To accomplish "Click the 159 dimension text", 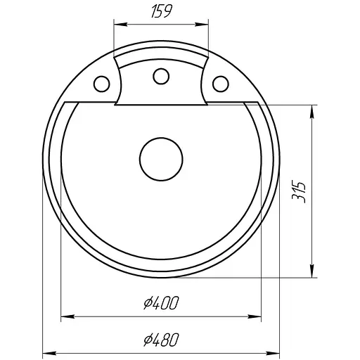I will coord(162,11).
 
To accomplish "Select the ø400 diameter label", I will coord(162,304).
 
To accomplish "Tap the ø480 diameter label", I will coord(162,340).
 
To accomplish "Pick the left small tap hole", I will coord(102,84).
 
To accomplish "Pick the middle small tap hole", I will coord(161,75).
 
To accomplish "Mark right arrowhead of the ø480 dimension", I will coord(279,352).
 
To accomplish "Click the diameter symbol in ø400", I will coord(147,304).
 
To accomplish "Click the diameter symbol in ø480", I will coord(147,340).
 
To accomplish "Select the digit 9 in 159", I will coord(171,11).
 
